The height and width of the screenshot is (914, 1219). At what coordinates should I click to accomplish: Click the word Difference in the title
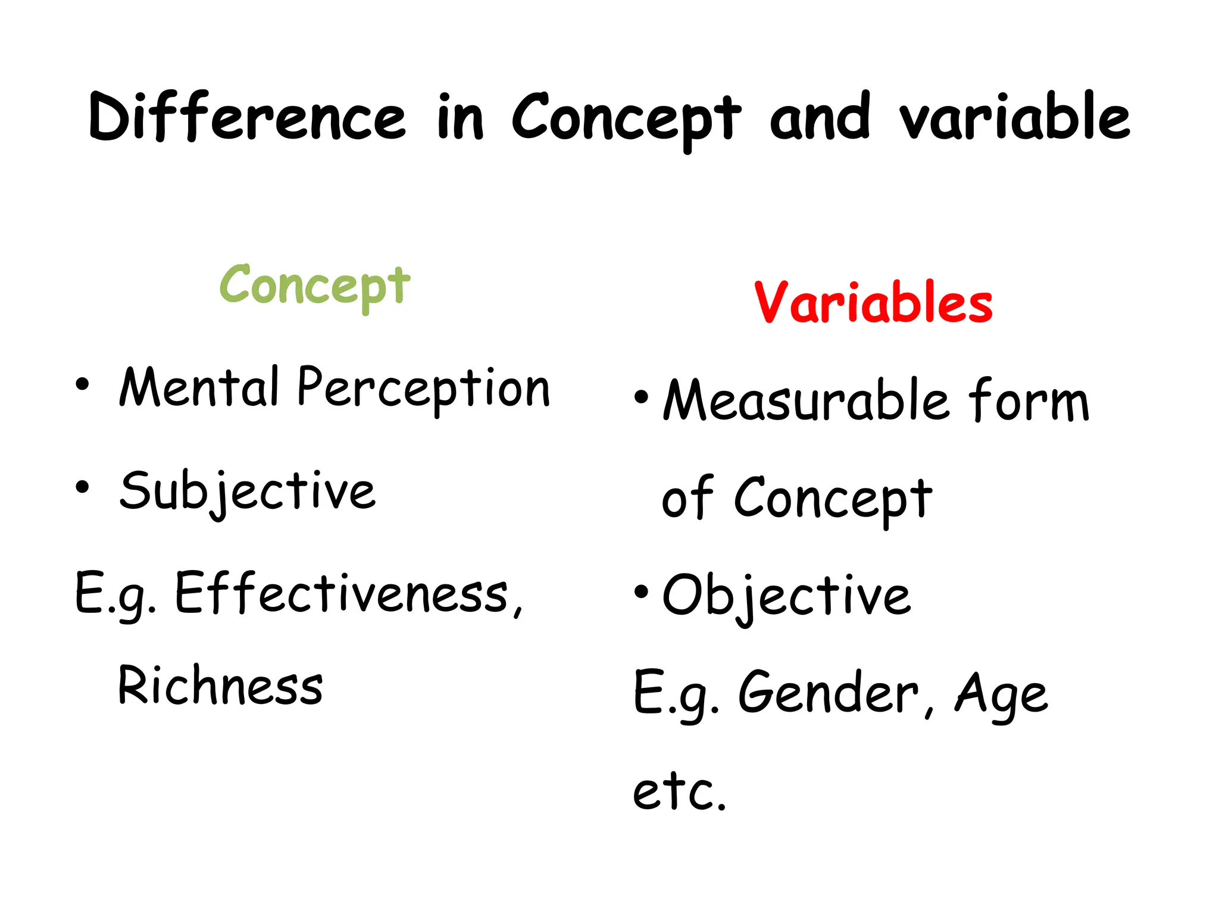pos(247,117)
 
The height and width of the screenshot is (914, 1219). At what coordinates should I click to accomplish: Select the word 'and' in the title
pos(820,117)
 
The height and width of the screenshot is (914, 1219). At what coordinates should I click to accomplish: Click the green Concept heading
pos(315,286)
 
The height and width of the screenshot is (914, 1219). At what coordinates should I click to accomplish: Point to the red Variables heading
pos(873,303)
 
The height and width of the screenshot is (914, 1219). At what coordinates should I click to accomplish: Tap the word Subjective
pos(248,492)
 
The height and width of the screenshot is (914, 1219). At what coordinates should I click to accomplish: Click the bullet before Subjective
pos(82,487)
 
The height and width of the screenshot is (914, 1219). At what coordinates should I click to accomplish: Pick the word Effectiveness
pos(348,594)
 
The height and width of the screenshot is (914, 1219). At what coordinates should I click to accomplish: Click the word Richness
pos(221,686)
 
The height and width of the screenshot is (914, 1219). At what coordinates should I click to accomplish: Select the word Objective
pos(786,596)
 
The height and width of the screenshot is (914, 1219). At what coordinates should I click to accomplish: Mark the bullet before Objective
pos(641,591)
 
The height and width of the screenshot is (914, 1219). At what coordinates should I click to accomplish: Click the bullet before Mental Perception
pos(82,384)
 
